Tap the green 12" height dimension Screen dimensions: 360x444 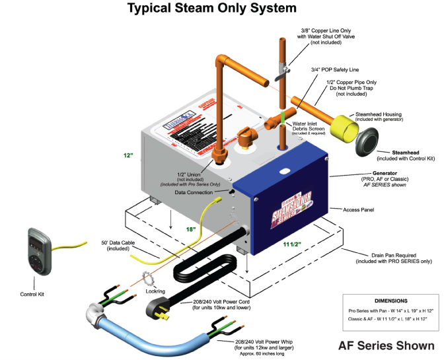click(128, 155)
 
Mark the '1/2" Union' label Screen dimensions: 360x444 click(189, 174)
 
